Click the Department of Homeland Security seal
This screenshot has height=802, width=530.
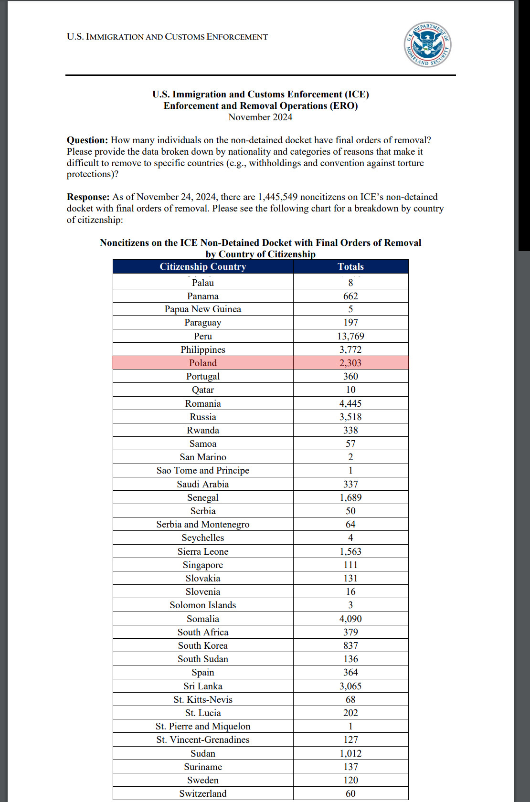point(427,44)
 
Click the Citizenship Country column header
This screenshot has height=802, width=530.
point(203,266)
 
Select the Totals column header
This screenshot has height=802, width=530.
point(350,266)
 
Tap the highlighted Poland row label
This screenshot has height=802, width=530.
point(203,363)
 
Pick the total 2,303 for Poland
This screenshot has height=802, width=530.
point(350,363)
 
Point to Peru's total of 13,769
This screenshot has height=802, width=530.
point(350,336)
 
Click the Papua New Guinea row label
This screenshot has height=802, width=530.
point(203,309)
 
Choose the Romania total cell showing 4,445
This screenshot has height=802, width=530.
point(350,403)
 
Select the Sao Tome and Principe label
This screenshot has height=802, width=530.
point(203,470)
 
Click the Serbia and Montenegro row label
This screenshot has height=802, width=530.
point(203,524)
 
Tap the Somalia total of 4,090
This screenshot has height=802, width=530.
point(350,619)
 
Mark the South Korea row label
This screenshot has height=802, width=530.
point(203,645)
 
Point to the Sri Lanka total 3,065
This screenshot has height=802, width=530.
point(350,686)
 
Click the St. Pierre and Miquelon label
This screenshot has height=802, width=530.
point(203,726)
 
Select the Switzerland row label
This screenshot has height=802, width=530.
point(203,793)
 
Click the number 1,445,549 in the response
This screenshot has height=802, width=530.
point(277,197)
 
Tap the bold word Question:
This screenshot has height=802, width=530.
point(87,140)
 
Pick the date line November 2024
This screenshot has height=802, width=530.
point(260,117)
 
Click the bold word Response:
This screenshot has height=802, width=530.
point(88,197)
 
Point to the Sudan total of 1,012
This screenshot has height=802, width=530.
point(350,753)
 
